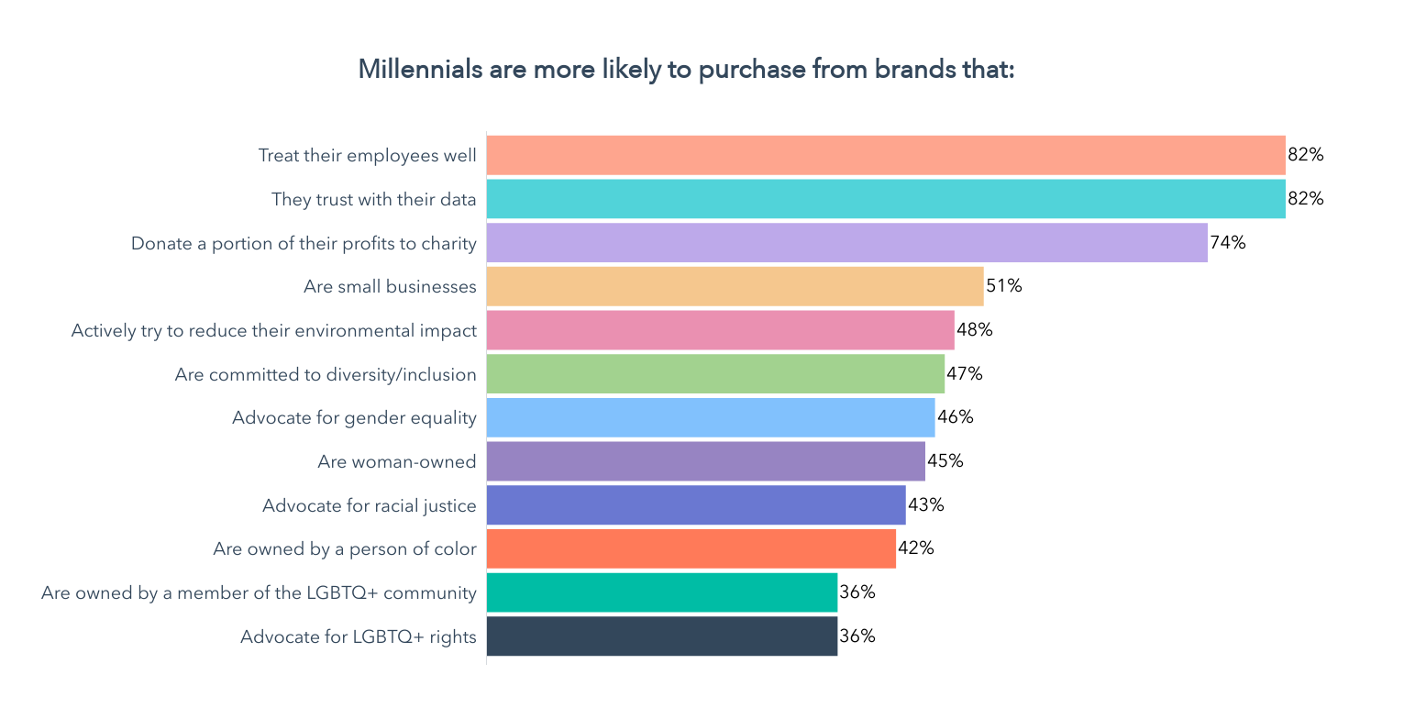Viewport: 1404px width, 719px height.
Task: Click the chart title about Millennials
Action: coord(686,70)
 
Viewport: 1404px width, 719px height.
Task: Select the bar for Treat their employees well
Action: coord(885,155)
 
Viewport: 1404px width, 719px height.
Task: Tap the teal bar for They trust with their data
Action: coord(885,199)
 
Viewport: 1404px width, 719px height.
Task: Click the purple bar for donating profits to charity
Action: coord(846,243)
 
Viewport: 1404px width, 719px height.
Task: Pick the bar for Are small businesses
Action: coord(735,286)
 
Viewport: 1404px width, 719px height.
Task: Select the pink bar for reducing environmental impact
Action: coord(720,330)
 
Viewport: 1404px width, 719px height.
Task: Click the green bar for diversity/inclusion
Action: coord(715,374)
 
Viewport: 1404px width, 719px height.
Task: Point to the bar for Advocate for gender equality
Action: coord(711,417)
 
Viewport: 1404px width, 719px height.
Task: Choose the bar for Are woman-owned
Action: coord(705,461)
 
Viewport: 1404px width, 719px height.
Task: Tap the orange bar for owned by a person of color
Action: coord(691,548)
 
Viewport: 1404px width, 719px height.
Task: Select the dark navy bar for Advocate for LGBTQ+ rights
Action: coord(661,636)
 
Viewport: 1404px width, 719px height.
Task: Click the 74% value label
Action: coord(1228,243)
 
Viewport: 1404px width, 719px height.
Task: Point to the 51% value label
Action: coord(1004,286)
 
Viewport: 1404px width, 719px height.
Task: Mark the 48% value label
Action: coord(975,330)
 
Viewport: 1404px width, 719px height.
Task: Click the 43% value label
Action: coord(926,505)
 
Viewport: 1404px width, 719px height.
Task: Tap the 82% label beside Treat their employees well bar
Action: coord(1306,155)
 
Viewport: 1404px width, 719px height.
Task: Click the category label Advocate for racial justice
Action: coord(369,505)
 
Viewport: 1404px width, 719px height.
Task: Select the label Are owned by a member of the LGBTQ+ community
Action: coord(259,592)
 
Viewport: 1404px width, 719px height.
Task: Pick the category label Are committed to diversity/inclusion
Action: coord(326,374)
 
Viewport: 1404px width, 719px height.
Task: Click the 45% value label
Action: coord(945,461)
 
